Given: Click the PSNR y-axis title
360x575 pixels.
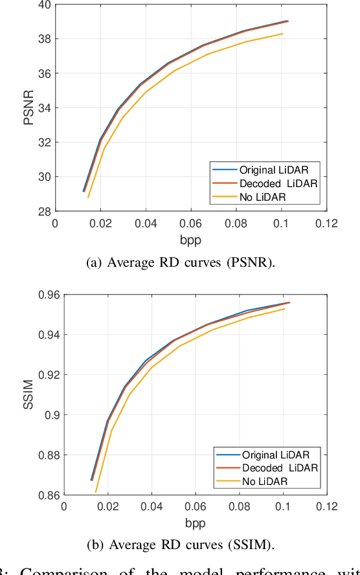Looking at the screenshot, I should coord(28,107).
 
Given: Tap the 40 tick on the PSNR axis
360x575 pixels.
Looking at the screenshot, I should coord(44,5).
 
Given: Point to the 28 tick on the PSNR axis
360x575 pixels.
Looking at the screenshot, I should coord(44,211).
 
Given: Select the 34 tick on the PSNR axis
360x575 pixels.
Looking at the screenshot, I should coord(44,108).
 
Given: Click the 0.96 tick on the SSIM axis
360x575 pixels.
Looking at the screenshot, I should coord(48,295).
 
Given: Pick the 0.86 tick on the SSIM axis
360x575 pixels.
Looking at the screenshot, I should coord(48,495).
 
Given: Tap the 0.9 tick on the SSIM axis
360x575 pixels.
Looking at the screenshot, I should coord(52,415).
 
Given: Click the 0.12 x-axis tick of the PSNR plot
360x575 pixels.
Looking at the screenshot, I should coord(327,223).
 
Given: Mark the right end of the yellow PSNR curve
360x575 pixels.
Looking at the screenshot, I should coord(283,34).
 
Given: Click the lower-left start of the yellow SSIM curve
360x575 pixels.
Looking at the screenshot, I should coord(95,492).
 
